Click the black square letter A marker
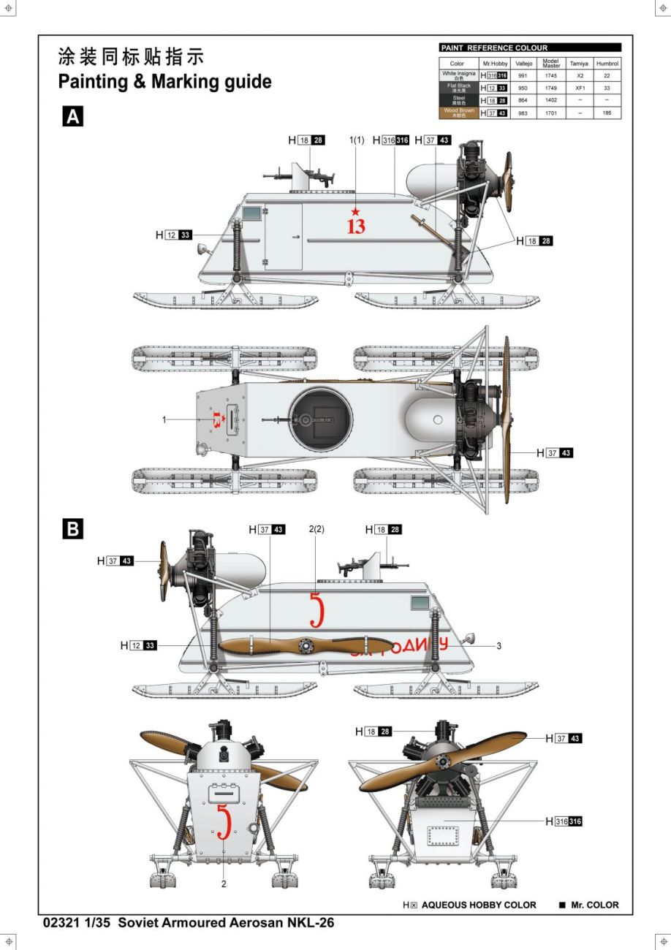point(73,117)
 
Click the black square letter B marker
point(73,528)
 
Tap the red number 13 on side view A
point(356,227)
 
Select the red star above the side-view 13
point(356,212)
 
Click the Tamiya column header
point(580,64)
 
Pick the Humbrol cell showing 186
point(607,113)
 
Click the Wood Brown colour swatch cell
point(458,113)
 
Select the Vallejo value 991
point(523,75)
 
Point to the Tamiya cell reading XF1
point(580,88)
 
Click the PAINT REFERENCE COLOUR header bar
point(530,47)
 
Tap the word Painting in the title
point(94,82)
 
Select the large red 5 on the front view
point(224,822)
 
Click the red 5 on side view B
point(316,610)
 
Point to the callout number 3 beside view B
point(498,646)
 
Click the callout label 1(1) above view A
point(357,140)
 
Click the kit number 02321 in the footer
point(61,923)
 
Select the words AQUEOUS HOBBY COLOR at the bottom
point(479,905)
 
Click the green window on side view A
point(251,213)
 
